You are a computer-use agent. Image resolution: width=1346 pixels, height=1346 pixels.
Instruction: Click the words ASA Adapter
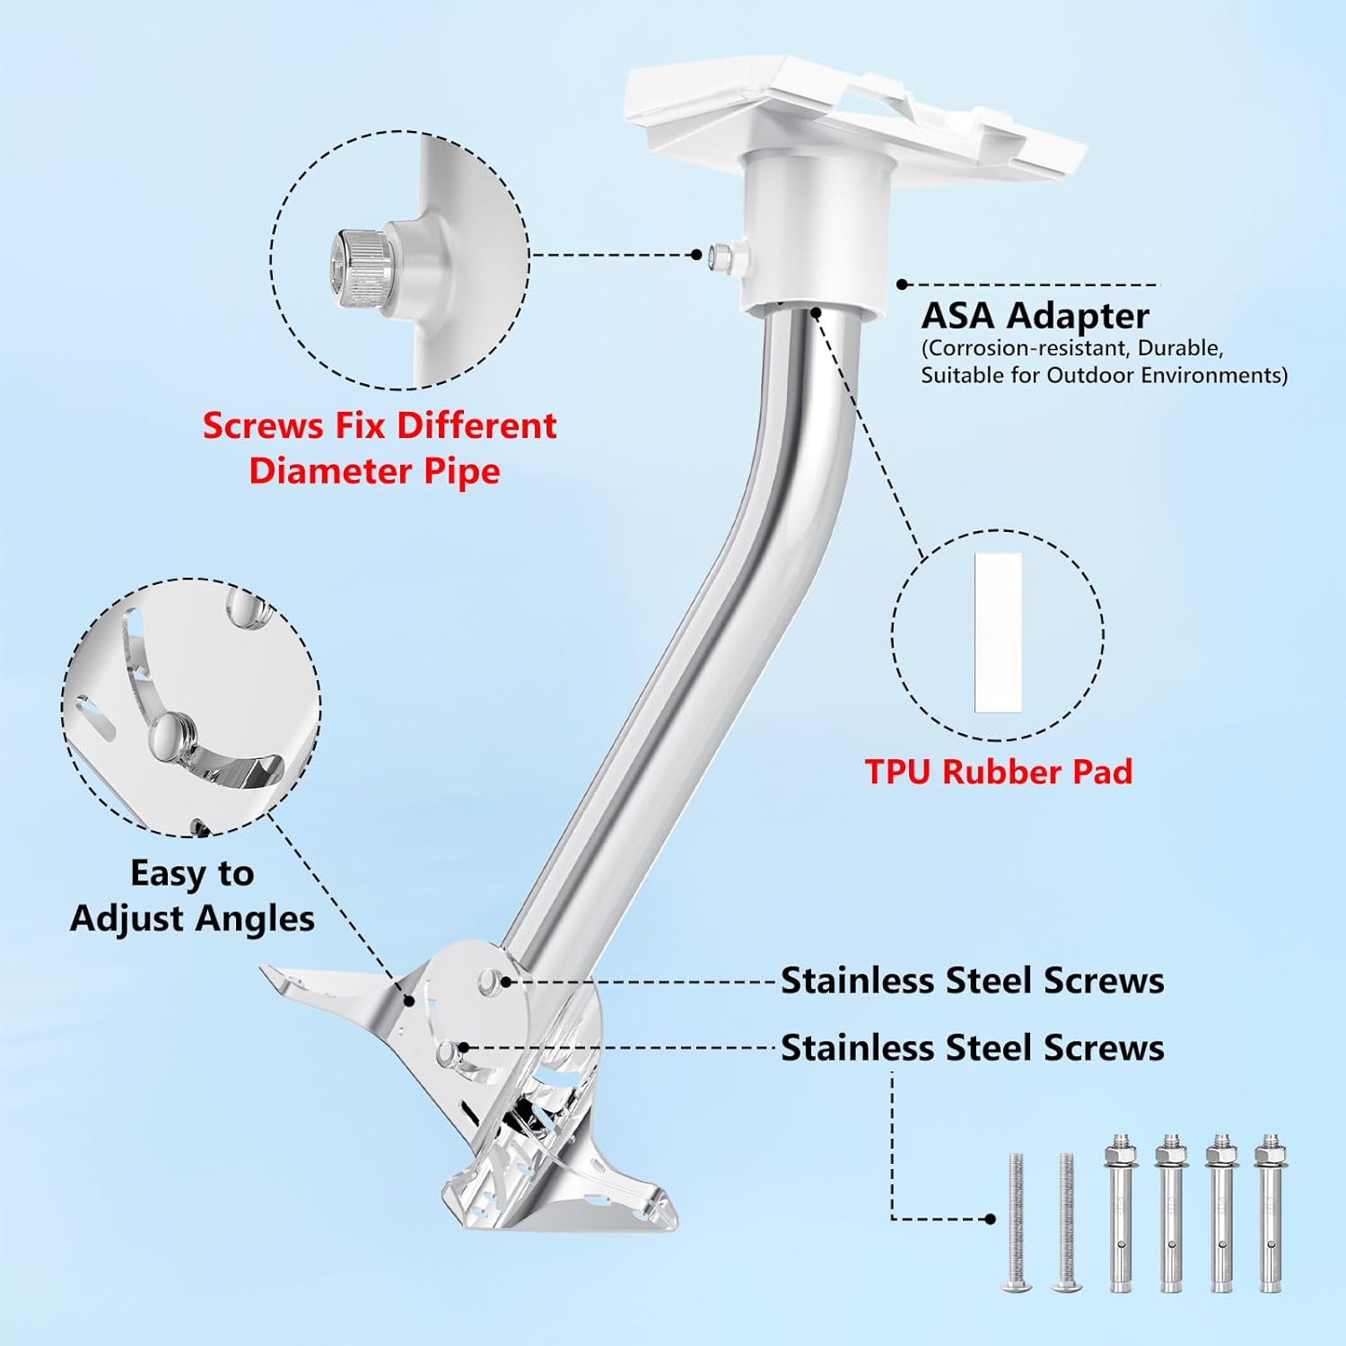(1035, 316)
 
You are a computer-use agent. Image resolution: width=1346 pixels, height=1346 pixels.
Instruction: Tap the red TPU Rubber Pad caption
(999, 772)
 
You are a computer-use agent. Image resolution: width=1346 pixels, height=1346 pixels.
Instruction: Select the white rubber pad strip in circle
(998, 633)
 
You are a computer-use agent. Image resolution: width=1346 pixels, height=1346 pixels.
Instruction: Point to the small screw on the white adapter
(718, 256)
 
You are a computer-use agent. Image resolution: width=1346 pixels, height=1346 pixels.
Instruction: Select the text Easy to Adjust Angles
(192, 896)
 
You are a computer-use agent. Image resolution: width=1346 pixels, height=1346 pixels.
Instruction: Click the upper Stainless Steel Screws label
(972, 981)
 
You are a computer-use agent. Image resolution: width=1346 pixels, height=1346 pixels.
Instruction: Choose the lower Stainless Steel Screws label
(972, 1048)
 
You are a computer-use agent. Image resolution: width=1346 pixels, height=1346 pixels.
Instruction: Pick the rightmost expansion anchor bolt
(1269, 1212)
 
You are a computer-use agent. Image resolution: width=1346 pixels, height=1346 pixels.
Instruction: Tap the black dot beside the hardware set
(990, 1219)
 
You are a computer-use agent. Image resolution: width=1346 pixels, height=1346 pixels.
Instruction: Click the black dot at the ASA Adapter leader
(902, 284)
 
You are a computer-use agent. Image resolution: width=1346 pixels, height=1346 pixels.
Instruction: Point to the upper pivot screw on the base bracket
(490, 981)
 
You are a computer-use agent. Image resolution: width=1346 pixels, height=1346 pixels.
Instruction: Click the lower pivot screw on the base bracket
(448, 1053)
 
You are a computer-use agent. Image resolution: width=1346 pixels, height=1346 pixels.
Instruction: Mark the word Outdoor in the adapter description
(1097, 374)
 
